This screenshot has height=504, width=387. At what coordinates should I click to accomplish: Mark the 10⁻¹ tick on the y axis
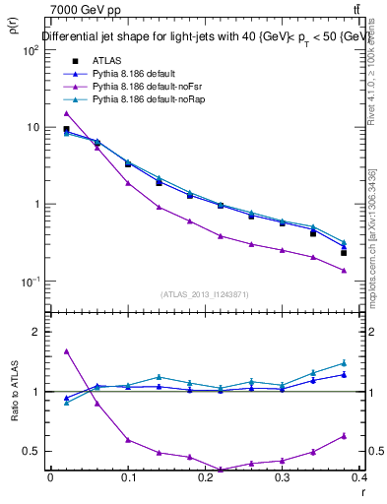click(x=28, y=282)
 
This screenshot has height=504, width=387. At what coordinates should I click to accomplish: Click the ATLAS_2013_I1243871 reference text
click(x=204, y=294)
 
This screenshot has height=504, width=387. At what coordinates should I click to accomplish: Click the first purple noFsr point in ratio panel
click(x=66, y=351)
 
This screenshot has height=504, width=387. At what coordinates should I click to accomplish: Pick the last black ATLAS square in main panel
click(x=344, y=253)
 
